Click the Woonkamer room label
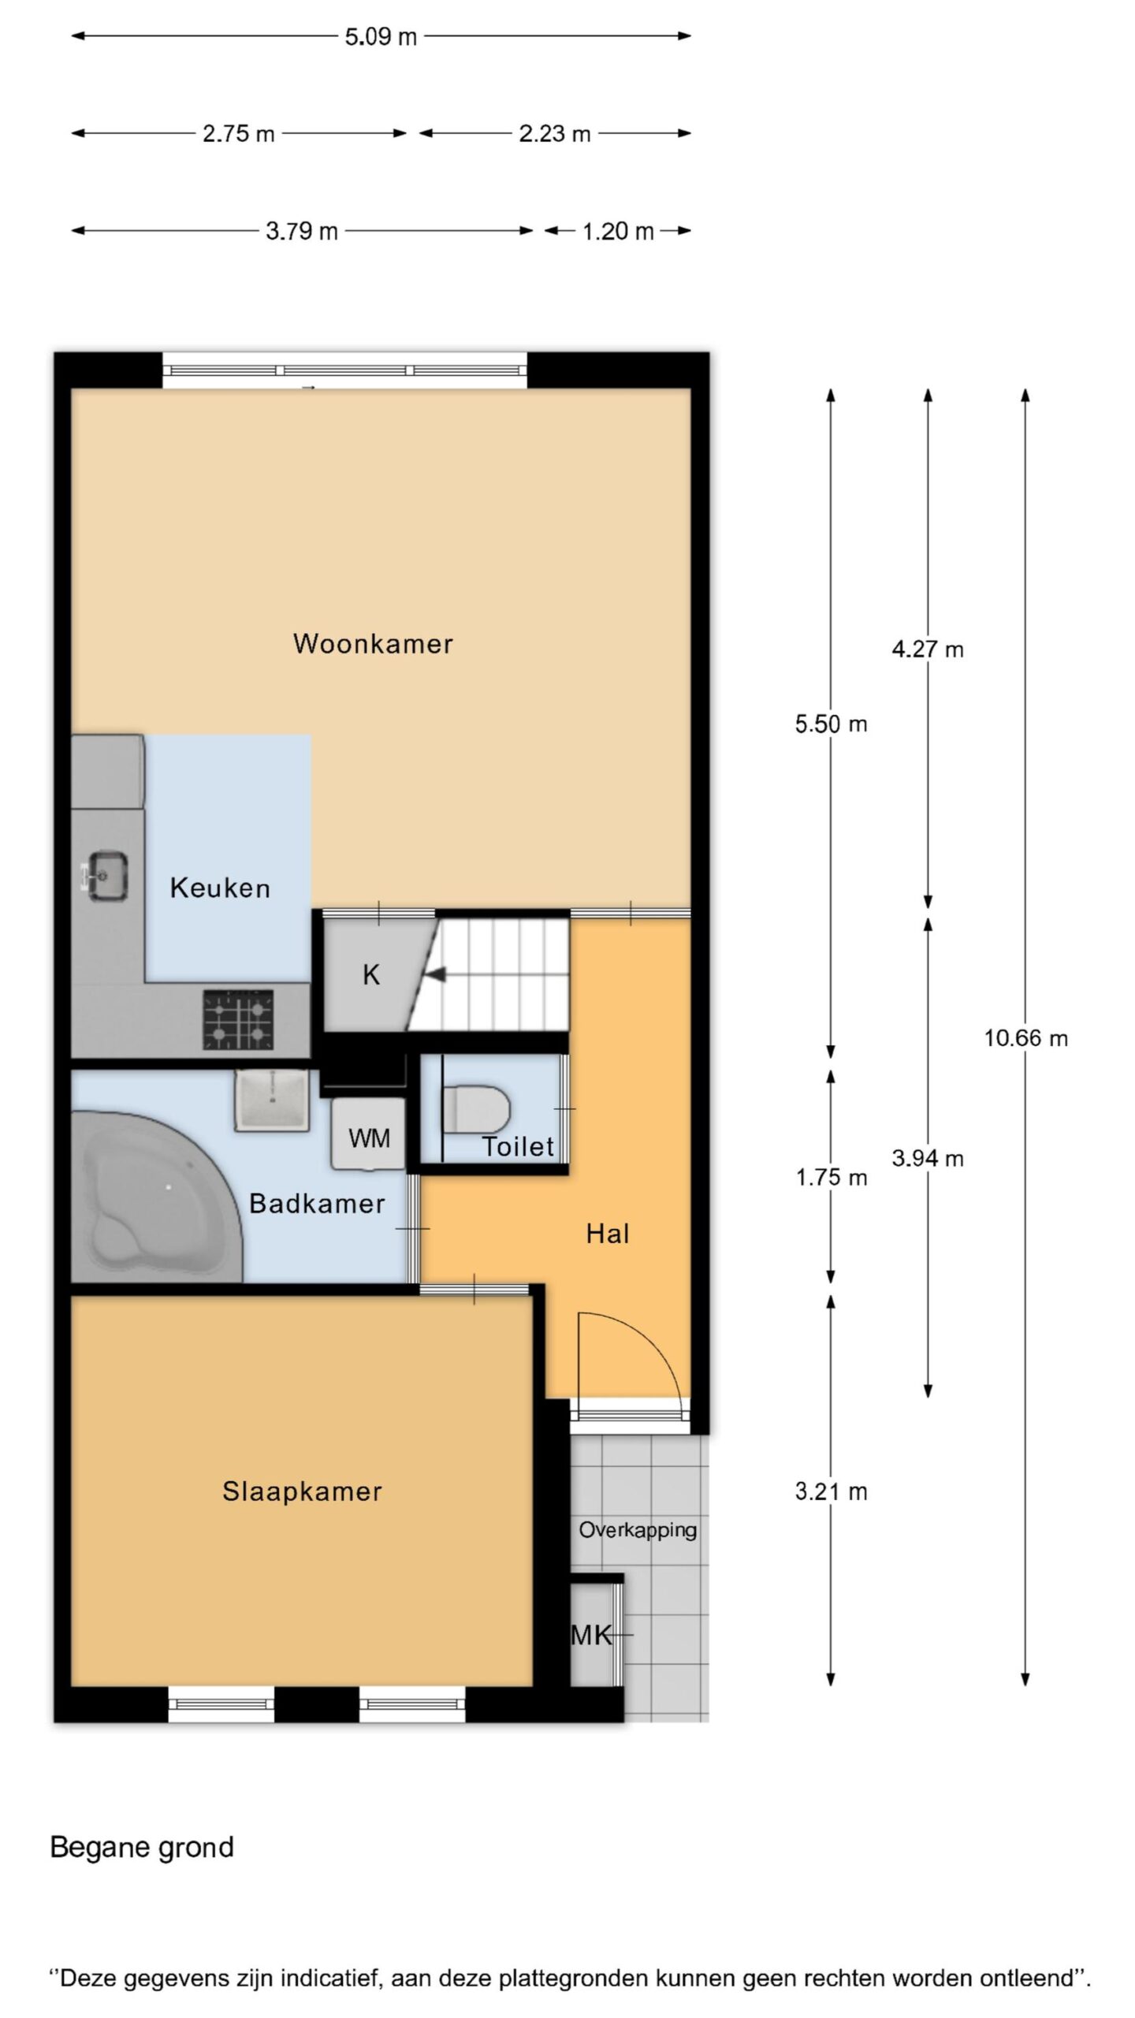click(x=373, y=643)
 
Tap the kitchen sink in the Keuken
click(x=107, y=876)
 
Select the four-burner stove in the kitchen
click(x=239, y=1020)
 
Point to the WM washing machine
click(x=368, y=1134)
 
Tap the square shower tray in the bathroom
click(x=270, y=1101)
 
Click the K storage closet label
click(x=371, y=975)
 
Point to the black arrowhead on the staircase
click(x=435, y=975)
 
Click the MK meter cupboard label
click(x=591, y=1635)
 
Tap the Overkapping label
click(x=638, y=1531)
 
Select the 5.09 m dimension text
click(x=381, y=36)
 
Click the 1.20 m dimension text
click(x=618, y=231)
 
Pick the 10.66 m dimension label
click(x=1025, y=1038)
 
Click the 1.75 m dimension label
click(x=832, y=1178)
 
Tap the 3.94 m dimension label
click(x=928, y=1158)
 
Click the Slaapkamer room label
click(x=302, y=1491)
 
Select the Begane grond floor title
click(x=142, y=1848)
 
